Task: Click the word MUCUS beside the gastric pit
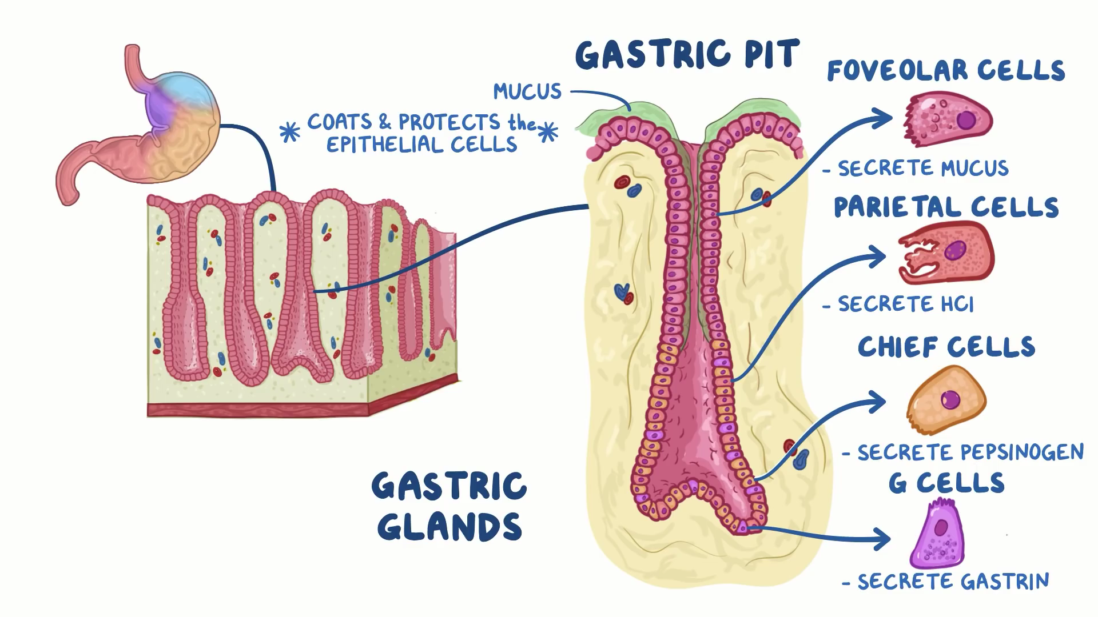(x=527, y=92)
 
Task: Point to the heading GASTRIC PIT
(x=686, y=55)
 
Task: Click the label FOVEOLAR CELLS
(x=946, y=71)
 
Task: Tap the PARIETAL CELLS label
(x=946, y=207)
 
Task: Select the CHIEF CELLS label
(x=946, y=347)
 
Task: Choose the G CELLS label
(x=946, y=483)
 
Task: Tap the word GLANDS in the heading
(x=449, y=527)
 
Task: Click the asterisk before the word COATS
(x=289, y=132)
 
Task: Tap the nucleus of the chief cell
(x=950, y=399)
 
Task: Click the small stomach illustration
(x=140, y=126)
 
